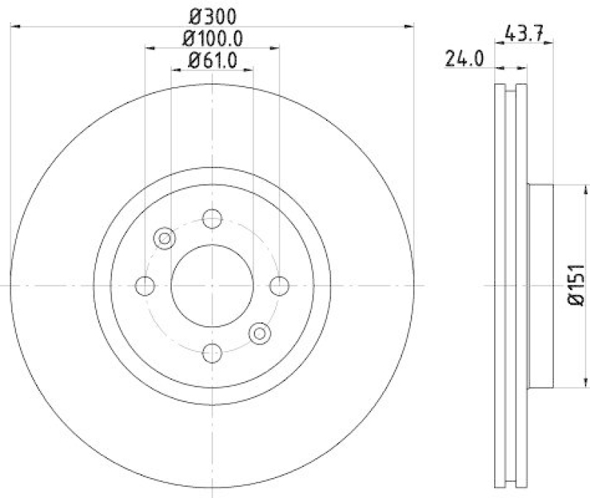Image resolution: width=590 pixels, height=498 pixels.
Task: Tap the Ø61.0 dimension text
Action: click(212, 61)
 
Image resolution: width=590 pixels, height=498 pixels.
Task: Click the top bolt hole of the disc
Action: click(212, 218)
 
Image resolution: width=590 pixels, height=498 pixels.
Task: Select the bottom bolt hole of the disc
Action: click(212, 353)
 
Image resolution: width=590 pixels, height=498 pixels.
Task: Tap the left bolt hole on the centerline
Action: click(146, 286)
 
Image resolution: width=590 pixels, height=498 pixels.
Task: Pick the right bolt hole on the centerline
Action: click(279, 286)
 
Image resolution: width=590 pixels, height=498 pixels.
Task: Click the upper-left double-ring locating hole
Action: click(165, 238)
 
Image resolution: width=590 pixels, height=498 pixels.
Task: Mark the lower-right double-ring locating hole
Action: click(260, 333)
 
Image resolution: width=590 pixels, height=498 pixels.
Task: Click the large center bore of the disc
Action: click(212, 286)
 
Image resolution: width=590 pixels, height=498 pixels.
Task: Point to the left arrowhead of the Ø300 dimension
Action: click(15, 27)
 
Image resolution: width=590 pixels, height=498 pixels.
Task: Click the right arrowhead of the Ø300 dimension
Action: click(410, 27)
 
